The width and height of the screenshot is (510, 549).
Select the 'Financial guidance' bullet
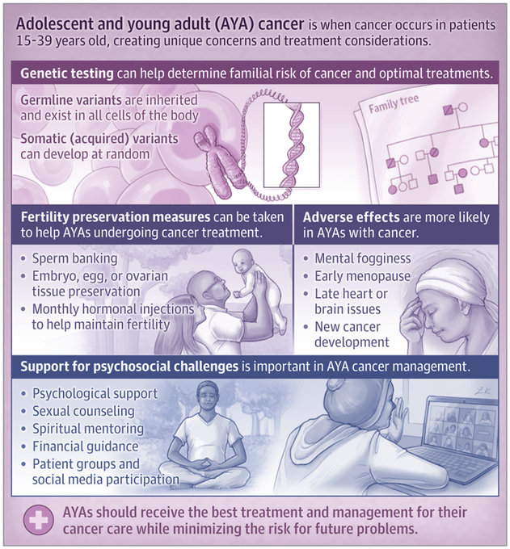[86, 446]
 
